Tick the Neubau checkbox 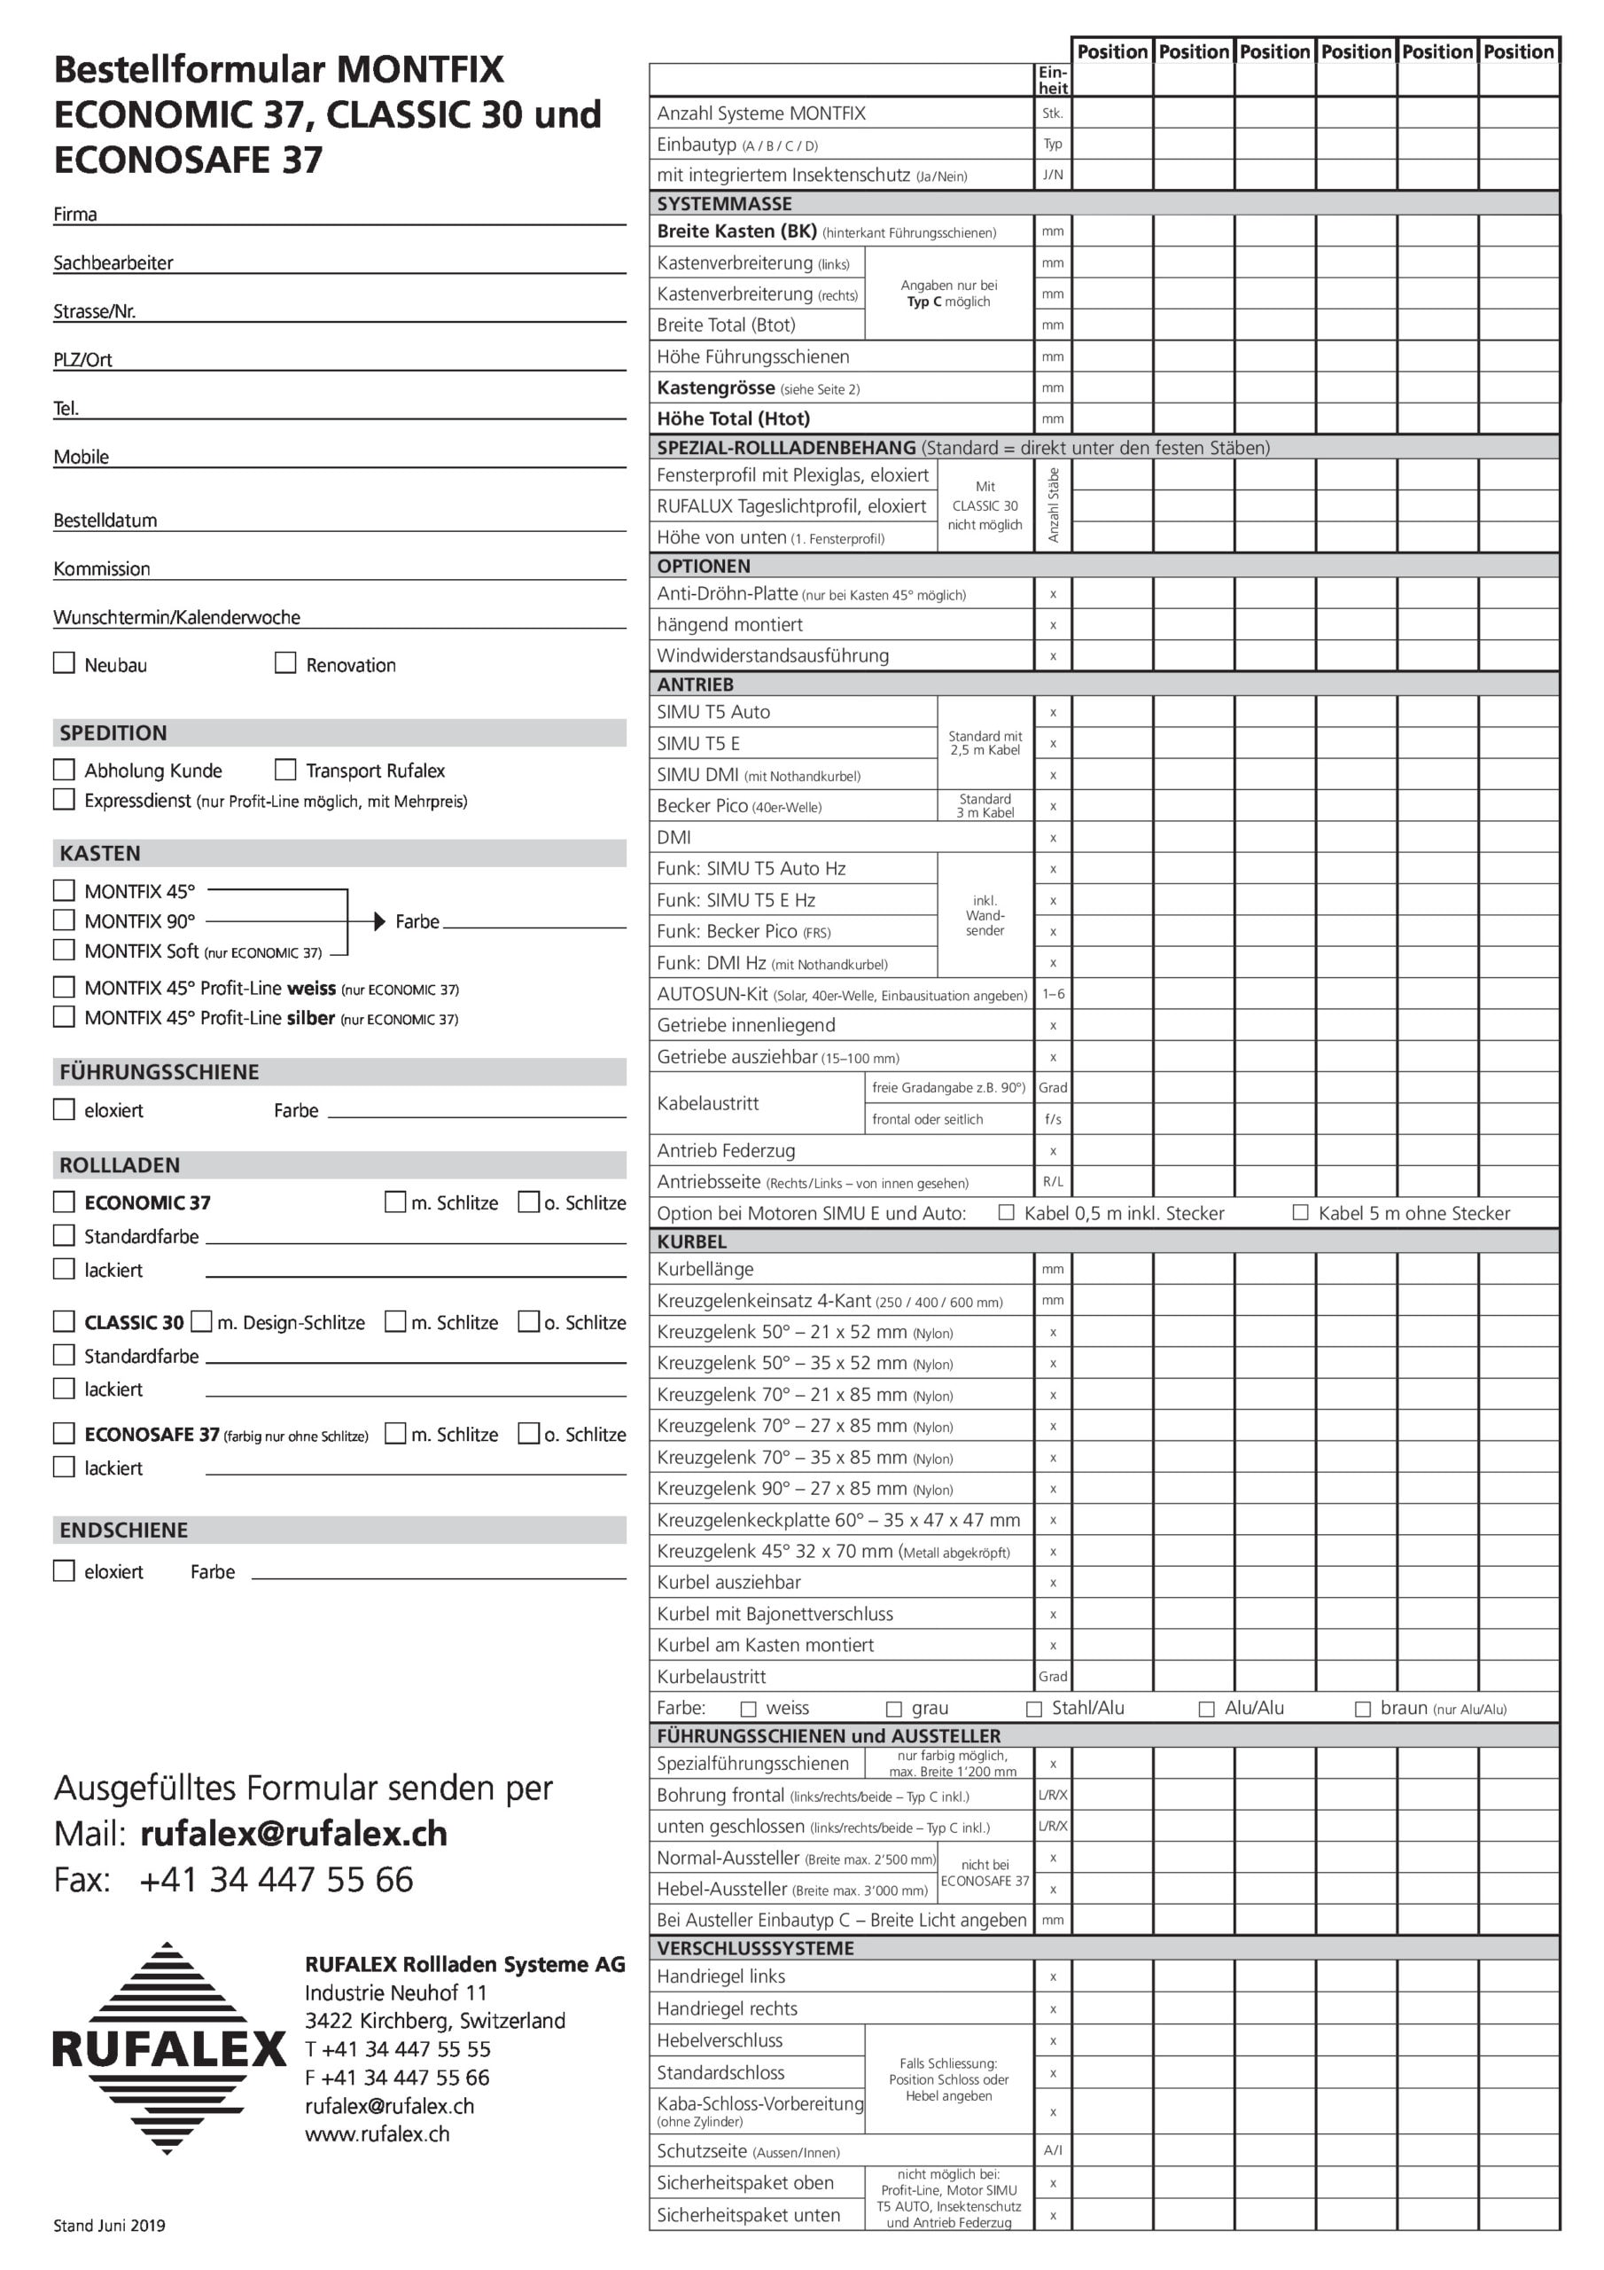click(64, 662)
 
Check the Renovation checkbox click(285, 662)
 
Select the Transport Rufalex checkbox click(285, 769)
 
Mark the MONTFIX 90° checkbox click(64, 920)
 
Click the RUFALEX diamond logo click(168, 2048)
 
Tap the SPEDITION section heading click(113, 732)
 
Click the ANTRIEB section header click(696, 685)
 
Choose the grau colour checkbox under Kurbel click(894, 1710)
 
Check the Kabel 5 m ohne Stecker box click(1301, 1212)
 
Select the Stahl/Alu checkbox click(1034, 1710)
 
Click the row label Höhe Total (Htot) click(733, 419)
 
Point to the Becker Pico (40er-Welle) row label click(739, 806)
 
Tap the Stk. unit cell click(1053, 113)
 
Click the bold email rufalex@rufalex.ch click(293, 1834)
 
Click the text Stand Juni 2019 click(110, 2226)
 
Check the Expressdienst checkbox click(64, 799)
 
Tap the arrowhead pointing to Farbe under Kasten click(379, 921)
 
